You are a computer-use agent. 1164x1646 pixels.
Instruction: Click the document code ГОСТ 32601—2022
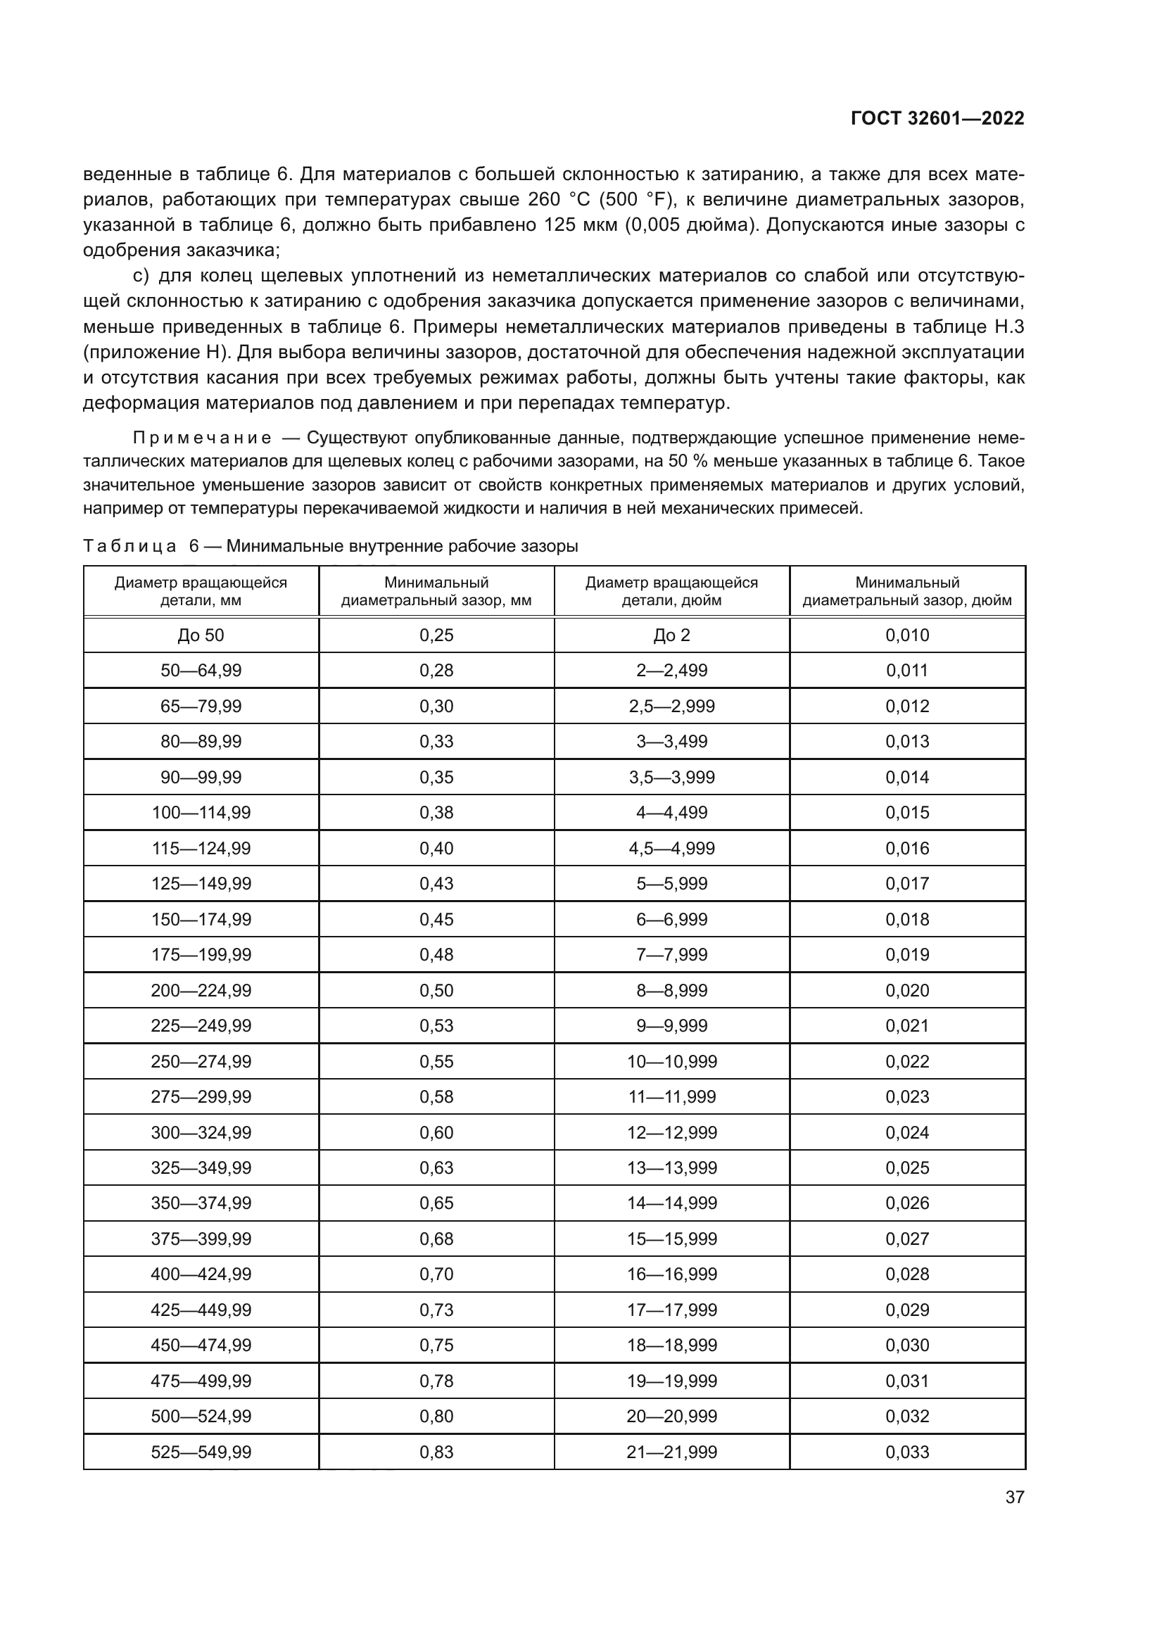(937, 119)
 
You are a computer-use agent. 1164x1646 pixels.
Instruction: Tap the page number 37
(1014, 1497)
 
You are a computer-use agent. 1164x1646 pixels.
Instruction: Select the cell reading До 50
(201, 635)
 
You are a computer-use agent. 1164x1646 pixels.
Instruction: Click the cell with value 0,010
(906, 635)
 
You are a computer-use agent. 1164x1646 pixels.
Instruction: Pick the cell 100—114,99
(201, 812)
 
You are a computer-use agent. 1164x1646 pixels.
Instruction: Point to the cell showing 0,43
(436, 883)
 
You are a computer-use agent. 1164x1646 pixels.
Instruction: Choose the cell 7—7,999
(671, 954)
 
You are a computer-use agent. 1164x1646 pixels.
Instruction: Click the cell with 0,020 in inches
(906, 990)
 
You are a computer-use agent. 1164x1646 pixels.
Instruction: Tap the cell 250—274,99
(201, 1061)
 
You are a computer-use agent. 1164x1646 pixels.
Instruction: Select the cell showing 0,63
(436, 1168)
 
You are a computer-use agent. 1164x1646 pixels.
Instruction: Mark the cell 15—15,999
(671, 1239)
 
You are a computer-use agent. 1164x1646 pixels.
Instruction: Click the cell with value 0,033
(906, 1452)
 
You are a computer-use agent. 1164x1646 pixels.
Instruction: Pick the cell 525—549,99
(201, 1452)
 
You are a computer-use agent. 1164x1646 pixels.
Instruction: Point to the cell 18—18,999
(671, 1345)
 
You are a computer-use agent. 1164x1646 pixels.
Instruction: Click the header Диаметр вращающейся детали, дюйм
(671, 591)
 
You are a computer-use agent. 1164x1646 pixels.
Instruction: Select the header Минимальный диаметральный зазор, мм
(436, 591)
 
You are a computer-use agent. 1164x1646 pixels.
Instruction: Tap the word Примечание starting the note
(202, 438)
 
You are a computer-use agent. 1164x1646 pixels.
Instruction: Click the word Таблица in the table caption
(129, 546)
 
